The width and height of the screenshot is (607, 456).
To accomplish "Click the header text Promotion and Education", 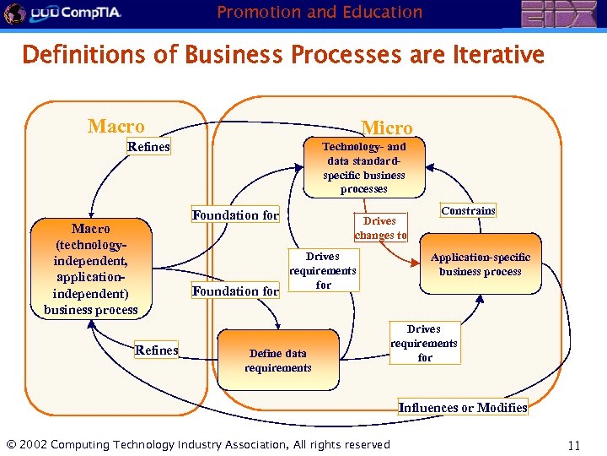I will click(x=320, y=12).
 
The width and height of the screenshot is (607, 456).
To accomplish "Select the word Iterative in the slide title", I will click(x=497, y=56).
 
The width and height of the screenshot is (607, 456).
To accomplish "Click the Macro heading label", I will click(x=116, y=127).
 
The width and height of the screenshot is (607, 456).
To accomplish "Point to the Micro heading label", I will click(x=387, y=128).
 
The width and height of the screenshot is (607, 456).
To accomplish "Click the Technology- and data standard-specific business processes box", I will click(x=364, y=168).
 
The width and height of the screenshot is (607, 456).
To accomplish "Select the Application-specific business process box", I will click(x=481, y=264).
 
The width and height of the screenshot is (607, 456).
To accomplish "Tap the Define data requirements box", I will click(x=278, y=361).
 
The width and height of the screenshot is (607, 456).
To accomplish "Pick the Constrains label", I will click(x=469, y=210).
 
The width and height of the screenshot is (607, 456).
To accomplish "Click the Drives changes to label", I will click(x=381, y=228).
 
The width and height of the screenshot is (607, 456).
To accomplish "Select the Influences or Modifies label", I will click(x=463, y=407).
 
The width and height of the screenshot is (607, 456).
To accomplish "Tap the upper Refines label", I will click(x=148, y=147).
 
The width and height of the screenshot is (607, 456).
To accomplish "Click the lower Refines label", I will click(x=157, y=350).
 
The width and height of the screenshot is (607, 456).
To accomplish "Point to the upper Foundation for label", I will click(x=235, y=215).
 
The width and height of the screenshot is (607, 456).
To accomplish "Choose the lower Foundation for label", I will click(x=235, y=291).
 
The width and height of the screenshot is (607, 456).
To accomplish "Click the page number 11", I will click(x=574, y=445).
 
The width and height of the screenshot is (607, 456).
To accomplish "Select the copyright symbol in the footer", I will click(x=11, y=445).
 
